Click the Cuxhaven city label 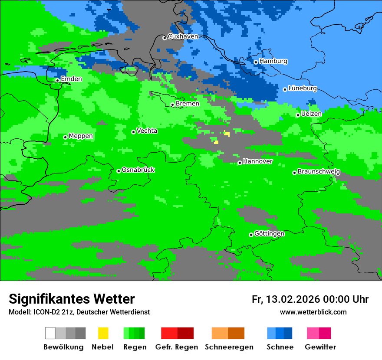point(183,36)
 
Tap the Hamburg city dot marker point(256,62)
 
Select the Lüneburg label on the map point(303,88)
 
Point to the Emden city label point(71,79)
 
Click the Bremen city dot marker point(172,105)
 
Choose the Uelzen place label point(311,114)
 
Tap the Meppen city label point(81,136)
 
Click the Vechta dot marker point(133,132)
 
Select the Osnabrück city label point(138,170)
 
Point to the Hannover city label point(258,161)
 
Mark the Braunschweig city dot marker point(294,173)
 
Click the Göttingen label point(269,234)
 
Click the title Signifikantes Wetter point(72,299)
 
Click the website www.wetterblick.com point(313,312)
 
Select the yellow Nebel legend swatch point(103,333)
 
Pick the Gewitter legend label point(320,347)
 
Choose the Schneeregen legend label point(229,347)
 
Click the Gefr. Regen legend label point(177,347)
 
